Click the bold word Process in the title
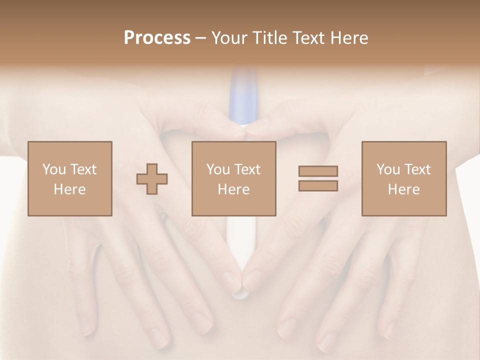pos(157,38)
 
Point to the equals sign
pos(318,178)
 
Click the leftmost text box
pos(70,178)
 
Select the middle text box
pos(234,178)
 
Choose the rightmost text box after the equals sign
pos(404,178)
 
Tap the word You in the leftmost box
pos(54,169)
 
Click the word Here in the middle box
pos(234,189)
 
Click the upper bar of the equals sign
pos(318,171)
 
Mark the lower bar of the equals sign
pos(318,186)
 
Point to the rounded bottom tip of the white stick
pos(240,295)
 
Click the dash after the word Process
pos(200,38)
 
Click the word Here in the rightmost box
pos(404,189)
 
